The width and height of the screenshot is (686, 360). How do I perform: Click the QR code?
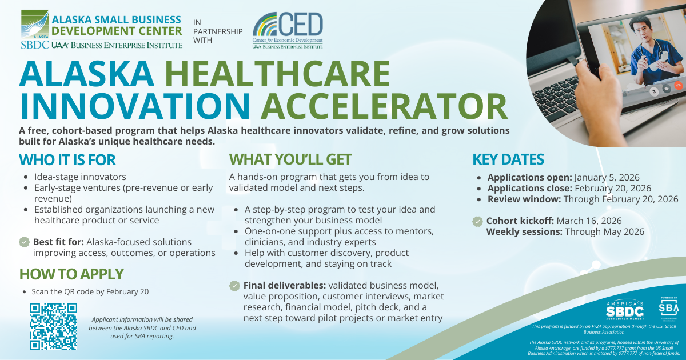53,326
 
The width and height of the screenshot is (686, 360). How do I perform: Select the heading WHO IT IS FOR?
67,159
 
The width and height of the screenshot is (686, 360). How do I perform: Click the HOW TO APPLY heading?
71,274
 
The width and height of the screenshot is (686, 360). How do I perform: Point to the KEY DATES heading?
508,159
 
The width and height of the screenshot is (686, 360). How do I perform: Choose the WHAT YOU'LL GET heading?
290,159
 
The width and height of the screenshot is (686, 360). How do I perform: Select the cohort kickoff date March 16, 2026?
589,221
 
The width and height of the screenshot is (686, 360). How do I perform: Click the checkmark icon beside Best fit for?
25,242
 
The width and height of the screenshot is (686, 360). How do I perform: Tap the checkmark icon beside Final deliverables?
234,285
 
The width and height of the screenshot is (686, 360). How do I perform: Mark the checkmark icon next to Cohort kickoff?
477,221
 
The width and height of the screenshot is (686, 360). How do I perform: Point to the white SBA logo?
668,309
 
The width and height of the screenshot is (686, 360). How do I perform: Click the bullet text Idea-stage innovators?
80,177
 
